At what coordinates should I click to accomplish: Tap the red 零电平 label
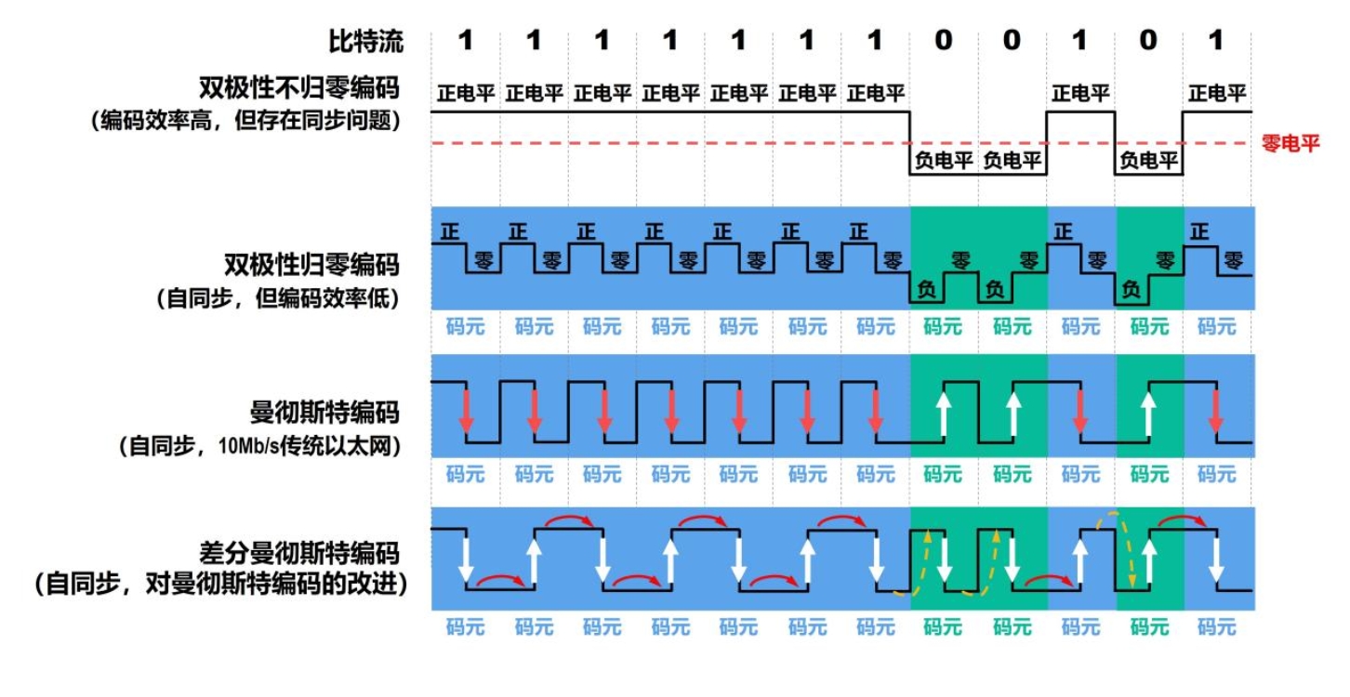click(1290, 143)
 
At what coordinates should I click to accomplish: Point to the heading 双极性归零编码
click(311, 265)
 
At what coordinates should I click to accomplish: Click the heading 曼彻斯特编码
click(324, 412)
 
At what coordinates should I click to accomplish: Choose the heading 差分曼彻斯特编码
click(299, 554)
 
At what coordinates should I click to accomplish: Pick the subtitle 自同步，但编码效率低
click(276, 300)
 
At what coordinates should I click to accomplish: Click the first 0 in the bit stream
click(943, 41)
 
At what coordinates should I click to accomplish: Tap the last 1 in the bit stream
click(1216, 41)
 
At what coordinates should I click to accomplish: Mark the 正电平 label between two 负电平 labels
click(1080, 94)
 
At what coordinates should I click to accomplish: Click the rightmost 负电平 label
click(1148, 161)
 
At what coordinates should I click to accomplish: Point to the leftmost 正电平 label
click(466, 94)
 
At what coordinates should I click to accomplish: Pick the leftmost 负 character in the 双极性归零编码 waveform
click(926, 290)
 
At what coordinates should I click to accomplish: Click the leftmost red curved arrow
click(499, 581)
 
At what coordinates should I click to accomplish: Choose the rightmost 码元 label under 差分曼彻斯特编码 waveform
click(1216, 627)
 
